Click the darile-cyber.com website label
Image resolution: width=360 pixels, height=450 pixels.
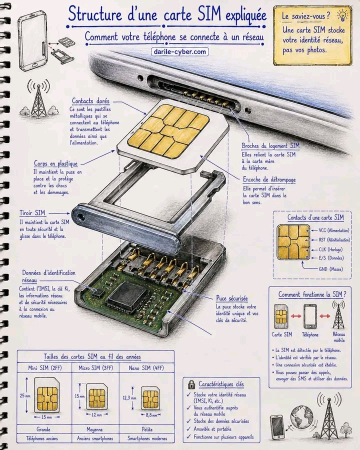[x=179, y=51]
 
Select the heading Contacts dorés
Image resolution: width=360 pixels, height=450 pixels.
[x=90, y=101]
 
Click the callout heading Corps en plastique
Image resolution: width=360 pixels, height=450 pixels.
[x=55, y=163]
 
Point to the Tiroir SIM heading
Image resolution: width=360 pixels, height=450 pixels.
[x=32, y=213]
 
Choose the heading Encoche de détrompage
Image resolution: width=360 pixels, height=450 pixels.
[x=269, y=179]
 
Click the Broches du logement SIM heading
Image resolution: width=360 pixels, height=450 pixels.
[x=270, y=146]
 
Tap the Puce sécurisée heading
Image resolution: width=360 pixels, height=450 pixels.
[x=232, y=298]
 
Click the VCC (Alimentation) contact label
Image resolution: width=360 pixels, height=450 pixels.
[x=334, y=230]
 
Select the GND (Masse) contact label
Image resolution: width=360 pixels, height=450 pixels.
[x=330, y=269]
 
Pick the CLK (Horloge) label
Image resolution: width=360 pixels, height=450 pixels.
[x=330, y=249]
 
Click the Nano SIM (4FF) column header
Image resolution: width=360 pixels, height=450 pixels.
[x=146, y=368]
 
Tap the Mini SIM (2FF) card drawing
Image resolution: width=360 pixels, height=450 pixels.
[x=47, y=395]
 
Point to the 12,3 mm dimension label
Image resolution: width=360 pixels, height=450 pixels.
[x=129, y=398]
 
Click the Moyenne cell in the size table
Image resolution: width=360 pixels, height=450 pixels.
[x=94, y=429]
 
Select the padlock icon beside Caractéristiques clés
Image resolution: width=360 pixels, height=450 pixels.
[x=191, y=384]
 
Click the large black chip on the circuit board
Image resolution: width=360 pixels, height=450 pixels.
[x=127, y=297]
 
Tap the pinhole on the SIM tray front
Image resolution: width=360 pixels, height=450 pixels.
[x=81, y=217]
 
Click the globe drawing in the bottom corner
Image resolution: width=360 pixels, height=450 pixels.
[x=302, y=416]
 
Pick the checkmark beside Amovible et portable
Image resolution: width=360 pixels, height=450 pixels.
[x=188, y=429]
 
